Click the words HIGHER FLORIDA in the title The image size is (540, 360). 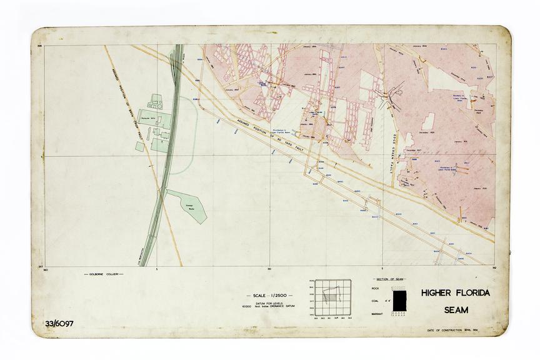[455, 293]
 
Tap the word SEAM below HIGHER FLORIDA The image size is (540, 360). [456, 309]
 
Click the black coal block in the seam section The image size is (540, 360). [398, 299]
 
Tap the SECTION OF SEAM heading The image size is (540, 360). [389, 279]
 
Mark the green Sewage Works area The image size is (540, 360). [188, 204]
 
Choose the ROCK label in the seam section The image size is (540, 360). [375, 288]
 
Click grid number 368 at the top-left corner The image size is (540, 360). [39, 46]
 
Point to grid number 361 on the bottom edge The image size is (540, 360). [269, 269]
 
